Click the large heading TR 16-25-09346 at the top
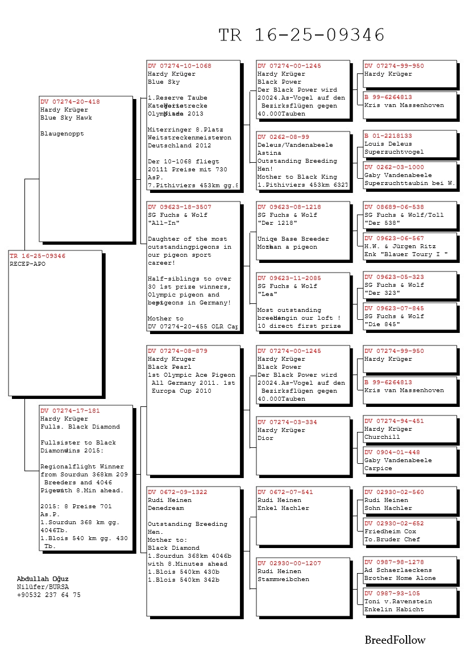pyautogui.click(x=302, y=35)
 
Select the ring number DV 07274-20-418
pyautogui.click(x=69, y=102)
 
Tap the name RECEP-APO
pyautogui.click(x=27, y=264)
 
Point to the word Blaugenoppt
pyautogui.click(x=62, y=134)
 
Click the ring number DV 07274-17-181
pyautogui.click(x=69, y=410)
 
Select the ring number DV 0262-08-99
pyautogui.click(x=283, y=137)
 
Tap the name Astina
pyautogui.click(x=269, y=153)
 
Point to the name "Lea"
pyautogui.click(x=267, y=294)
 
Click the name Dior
pyautogui.click(x=265, y=438)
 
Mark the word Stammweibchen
pyautogui.click(x=283, y=579)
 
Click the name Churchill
pyautogui.click(x=382, y=437)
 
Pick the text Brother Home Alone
pyautogui.click(x=400, y=578)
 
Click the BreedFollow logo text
pyautogui.click(x=395, y=640)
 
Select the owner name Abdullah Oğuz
pyautogui.click(x=43, y=579)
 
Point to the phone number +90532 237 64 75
pyautogui.click(x=49, y=595)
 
